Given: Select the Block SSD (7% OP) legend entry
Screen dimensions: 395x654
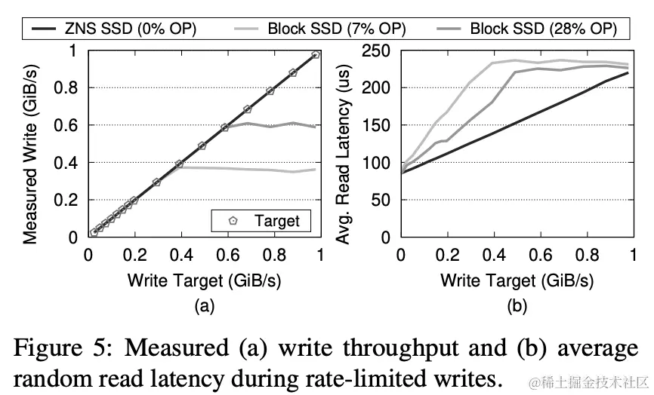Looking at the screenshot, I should click(x=336, y=29).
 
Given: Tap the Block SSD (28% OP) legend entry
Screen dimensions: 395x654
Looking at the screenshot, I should click(x=543, y=29).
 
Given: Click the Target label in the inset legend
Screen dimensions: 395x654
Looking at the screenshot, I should click(x=276, y=221).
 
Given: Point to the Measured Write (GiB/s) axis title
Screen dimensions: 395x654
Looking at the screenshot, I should click(x=31, y=143).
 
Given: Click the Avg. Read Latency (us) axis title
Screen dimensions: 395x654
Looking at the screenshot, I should click(x=344, y=143).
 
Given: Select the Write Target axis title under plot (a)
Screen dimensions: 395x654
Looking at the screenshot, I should click(x=204, y=281).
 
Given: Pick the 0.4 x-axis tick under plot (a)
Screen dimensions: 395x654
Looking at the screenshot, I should click(x=180, y=255).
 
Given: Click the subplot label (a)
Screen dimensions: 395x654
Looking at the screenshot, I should click(x=204, y=306).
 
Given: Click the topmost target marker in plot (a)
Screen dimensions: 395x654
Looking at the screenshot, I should click(x=316, y=55).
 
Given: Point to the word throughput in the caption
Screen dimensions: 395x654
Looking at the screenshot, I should click(x=390, y=349).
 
